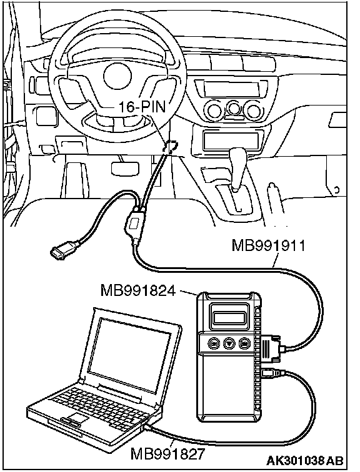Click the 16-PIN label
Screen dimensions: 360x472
pyautogui.click(x=142, y=107)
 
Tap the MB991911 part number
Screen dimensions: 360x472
pyautogui.click(x=268, y=245)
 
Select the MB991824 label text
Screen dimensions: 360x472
pyautogui.click(x=137, y=291)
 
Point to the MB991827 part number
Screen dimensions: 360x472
pyautogui.click(x=167, y=454)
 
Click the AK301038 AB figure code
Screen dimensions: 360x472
pyautogui.click(x=304, y=461)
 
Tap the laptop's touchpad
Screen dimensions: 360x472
pyautogui.click(x=77, y=418)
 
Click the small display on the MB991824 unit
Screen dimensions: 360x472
pyautogui.click(x=229, y=317)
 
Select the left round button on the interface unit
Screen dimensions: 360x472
pyautogui.click(x=214, y=343)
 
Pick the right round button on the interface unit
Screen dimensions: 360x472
pyautogui.click(x=244, y=343)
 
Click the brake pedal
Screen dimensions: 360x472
pyautogui.click(x=125, y=168)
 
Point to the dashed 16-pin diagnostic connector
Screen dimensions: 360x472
pyautogui.click(x=170, y=147)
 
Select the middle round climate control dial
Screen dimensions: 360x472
pyautogui.click(x=234, y=109)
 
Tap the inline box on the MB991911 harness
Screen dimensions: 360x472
pyautogui.click(x=134, y=224)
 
